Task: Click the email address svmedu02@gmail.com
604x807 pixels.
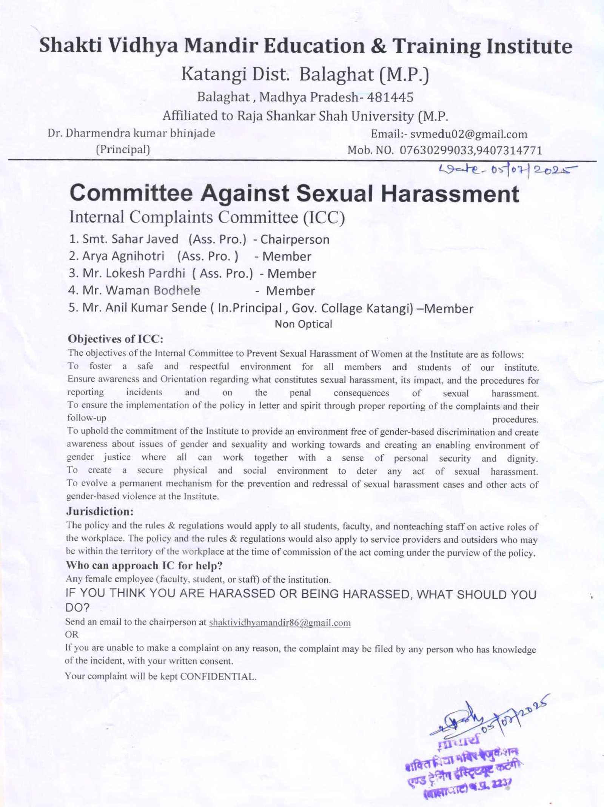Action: (468, 134)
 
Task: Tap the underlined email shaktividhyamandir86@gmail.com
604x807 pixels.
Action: (279, 623)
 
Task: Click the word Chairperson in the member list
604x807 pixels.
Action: (295, 239)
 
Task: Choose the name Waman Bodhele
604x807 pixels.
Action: (153, 290)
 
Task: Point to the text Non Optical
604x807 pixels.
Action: (303, 324)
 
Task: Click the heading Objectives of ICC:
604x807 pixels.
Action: (115, 339)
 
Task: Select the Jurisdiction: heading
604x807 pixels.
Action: (100, 512)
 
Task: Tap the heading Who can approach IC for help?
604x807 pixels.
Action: (144, 566)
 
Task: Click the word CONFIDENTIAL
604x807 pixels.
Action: (218, 677)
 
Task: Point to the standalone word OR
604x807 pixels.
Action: (72, 635)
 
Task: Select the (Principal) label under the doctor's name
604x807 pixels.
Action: (123, 150)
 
